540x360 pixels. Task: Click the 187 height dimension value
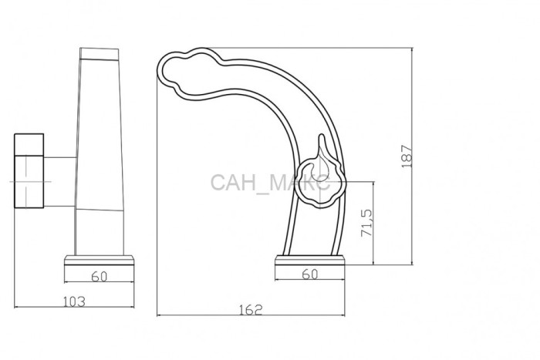point(407,156)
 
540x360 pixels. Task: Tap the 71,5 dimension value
point(366,223)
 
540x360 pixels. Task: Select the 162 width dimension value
point(251,310)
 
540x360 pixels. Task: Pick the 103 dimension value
point(74,301)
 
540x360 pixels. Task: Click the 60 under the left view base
point(100,277)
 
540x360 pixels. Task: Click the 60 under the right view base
point(310,274)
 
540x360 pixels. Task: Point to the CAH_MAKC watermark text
point(270,183)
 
